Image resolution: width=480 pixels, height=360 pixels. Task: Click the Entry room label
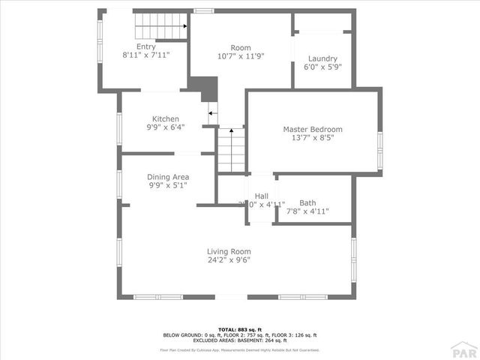tap(146, 46)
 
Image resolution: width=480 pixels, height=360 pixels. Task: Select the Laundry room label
tap(322, 58)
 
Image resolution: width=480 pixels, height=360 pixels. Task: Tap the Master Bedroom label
tap(312, 129)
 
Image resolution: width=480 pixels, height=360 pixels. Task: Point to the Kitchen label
tap(166, 119)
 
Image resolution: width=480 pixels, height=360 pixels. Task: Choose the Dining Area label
tap(167, 177)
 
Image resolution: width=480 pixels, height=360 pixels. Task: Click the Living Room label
tap(229, 251)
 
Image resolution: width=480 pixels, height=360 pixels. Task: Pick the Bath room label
tap(307, 202)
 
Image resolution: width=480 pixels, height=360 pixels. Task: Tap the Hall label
tap(261, 196)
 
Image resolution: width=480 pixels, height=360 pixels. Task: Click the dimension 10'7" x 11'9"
tap(240, 55)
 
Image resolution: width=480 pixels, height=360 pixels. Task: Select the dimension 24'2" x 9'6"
tap(229, 260)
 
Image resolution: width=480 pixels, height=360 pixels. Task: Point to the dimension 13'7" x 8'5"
tap(312, 138)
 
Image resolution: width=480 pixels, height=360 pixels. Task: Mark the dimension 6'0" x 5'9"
tap(322, 67)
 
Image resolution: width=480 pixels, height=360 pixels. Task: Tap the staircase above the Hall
tap(231, 150)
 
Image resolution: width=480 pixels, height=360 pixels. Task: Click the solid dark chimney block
tap(204, 87)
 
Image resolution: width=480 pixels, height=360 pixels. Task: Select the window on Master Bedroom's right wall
tap(379, 151)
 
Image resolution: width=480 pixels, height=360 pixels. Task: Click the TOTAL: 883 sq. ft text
tap(240, 329)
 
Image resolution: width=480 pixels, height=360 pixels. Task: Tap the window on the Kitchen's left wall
tap(118, 127)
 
